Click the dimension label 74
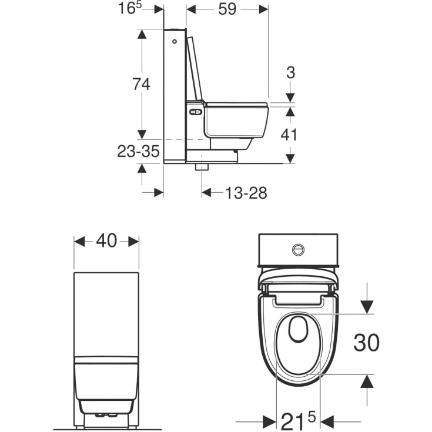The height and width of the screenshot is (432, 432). pos(141,84)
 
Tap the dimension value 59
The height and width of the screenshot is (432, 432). pos(227,9)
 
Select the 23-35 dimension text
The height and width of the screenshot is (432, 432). pos(138,151)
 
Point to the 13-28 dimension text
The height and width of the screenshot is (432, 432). pos(246,193)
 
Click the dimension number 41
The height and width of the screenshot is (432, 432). pos(289,135)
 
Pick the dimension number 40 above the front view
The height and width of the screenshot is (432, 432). pos(106,240)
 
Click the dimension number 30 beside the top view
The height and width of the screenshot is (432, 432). pos(366,343)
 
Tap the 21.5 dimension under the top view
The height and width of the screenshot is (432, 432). pos(298,421)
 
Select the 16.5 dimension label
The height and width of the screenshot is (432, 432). pos(129,8)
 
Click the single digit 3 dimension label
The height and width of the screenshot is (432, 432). pos(291,72)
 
